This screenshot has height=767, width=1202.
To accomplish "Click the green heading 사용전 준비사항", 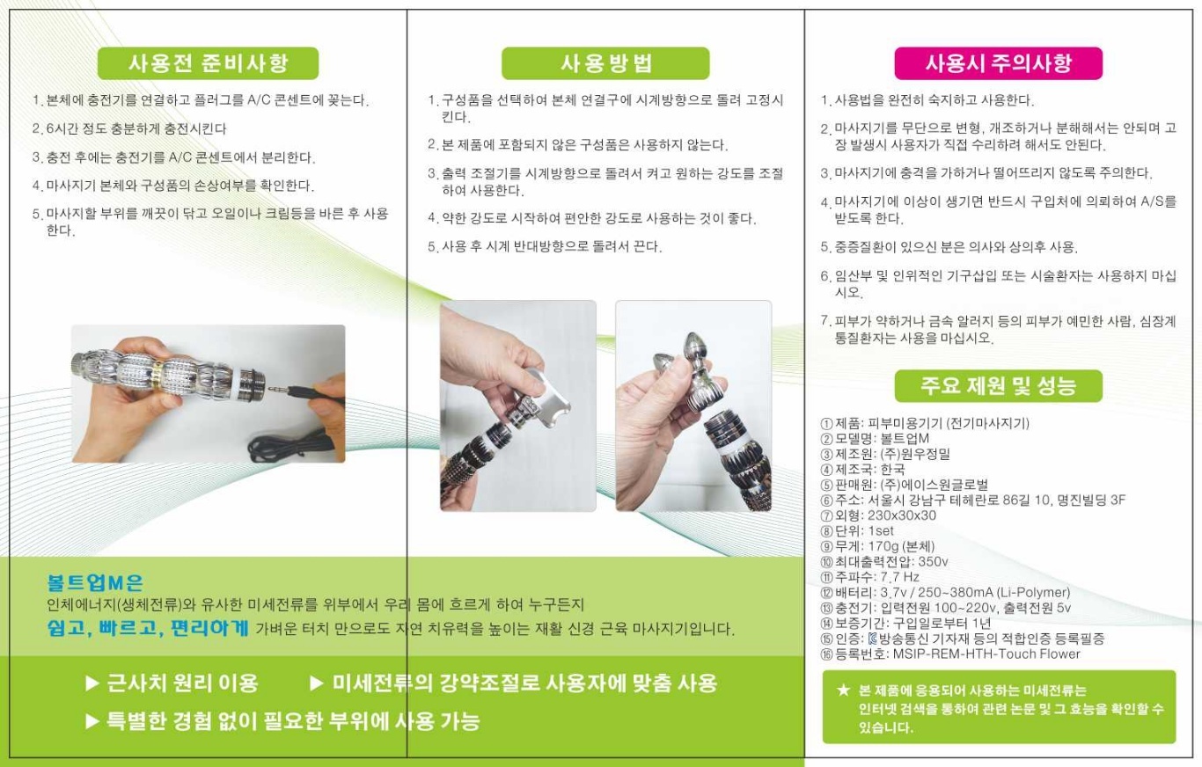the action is pos(208,63).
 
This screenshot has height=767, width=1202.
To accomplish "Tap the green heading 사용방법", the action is pos(605,63).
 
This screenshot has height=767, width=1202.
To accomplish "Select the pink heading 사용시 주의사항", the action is pos(998,63).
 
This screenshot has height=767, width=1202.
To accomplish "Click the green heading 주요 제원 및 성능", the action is pos(998,385).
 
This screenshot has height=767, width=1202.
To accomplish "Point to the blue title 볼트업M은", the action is pos(95,582).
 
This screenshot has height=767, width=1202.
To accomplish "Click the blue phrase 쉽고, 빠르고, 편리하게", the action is pos(148,627).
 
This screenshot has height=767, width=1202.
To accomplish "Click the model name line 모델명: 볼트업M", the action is pos(875,438).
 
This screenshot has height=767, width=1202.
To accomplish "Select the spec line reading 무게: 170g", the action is pos(877,546).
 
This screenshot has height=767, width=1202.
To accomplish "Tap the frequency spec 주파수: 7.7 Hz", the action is pos(870,577).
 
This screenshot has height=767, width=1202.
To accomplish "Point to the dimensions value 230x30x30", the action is pos(901,515).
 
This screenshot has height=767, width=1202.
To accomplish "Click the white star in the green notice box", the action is pos(844,690).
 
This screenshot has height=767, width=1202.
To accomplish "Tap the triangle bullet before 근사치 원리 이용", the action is pos(92,683).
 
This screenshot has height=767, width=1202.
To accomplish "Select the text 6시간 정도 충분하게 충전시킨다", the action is pos(136,128).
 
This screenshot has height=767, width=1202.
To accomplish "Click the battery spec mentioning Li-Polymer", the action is pos(946,592).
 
